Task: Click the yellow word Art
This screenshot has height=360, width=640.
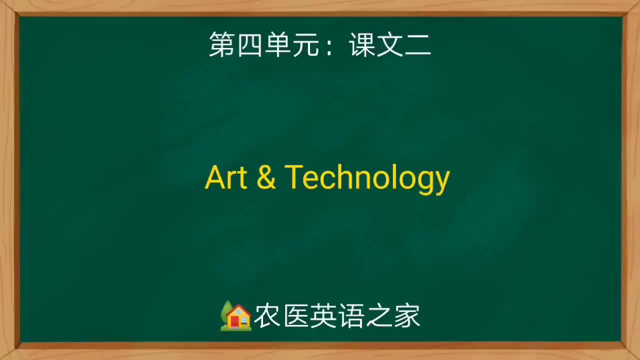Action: coord(226,177)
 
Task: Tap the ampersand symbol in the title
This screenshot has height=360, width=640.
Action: coord(266,177)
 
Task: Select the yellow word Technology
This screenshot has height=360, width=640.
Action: coord(367,178)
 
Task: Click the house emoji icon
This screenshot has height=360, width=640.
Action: coord(235,315)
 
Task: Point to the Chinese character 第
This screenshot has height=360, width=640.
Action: coord(222,44)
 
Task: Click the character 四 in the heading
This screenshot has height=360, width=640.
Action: coord(250,44)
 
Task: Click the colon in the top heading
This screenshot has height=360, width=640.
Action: coord(329,46)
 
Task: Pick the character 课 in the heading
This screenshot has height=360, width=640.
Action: coord(362,44)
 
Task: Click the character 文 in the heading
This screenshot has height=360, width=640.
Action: coord(390,44)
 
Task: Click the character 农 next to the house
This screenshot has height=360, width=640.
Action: coord(267,316)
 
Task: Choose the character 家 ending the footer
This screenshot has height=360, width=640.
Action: coord(407,316)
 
